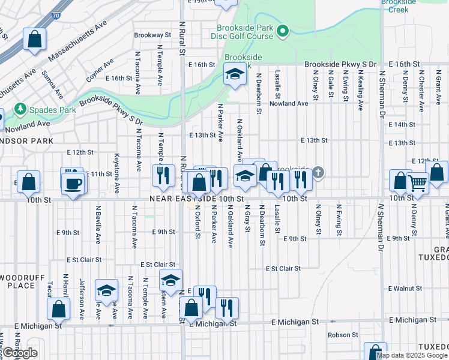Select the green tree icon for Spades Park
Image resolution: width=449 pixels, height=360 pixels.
21,109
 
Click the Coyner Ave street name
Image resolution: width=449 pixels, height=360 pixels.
100,70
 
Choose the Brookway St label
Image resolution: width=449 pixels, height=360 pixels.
148,35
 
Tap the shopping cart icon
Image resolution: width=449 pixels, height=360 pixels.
417,182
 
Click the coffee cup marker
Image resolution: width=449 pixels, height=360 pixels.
74,184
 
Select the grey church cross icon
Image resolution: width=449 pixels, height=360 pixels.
319,173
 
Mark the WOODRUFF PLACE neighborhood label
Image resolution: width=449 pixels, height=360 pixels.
17,281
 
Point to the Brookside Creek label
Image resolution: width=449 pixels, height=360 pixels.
399,6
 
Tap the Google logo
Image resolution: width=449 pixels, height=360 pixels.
20,353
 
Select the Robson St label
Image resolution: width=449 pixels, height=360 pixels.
343,335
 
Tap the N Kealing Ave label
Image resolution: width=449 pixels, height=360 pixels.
360,91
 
